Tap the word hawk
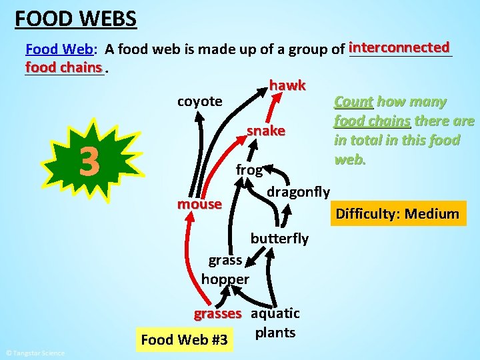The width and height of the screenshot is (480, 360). click(287, 85)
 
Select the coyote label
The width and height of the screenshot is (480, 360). click(199, 101)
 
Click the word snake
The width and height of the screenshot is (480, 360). click(266, 130)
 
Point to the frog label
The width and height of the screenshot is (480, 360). click(249, 169)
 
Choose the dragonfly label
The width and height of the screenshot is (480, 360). click(298, 192)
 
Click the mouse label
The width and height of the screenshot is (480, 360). click(199, 203)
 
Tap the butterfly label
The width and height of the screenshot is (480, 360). click(279, 238)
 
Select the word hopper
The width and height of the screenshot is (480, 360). click(225, 279)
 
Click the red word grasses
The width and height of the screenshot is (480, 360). click(217, 313)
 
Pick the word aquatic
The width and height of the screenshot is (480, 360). click(275, 313)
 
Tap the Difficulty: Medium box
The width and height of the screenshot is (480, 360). click(398, 214)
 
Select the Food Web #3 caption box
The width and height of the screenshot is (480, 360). click(185, 340)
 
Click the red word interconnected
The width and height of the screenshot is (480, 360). click(399, 47)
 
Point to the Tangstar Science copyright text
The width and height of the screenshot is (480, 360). click(35, 353)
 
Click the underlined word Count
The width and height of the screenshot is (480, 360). click(353, 102)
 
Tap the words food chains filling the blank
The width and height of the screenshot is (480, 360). click(64, 67)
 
